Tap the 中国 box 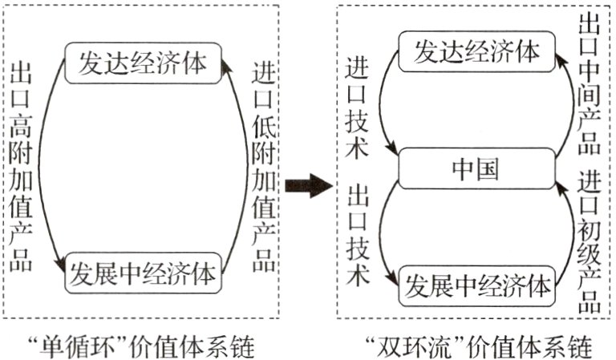click(x=476, y=168)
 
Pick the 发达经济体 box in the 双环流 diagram click(x=476, y=52)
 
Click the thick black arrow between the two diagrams click(x=308, y=187)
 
